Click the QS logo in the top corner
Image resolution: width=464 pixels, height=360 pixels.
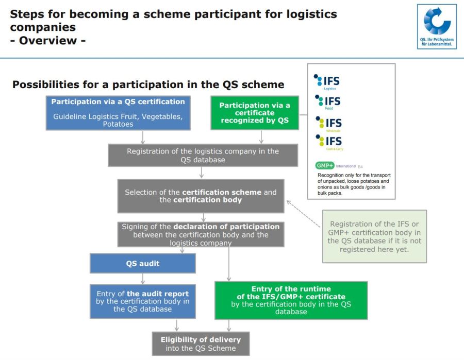pos(437,26)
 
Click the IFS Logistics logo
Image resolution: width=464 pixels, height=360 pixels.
pos(327,82)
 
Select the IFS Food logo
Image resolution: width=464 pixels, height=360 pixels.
pos(327,101)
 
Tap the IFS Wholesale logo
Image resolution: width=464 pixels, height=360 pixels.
pos(327,124)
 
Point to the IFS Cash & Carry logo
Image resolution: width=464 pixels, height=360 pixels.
pos(328,142)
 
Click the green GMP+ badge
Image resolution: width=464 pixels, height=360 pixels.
pos(325,166)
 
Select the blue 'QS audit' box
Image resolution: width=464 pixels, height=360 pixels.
pos(143,264)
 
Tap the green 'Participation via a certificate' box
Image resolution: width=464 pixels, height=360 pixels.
pos(255,113)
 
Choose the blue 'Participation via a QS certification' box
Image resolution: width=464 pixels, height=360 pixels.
pos(118,112)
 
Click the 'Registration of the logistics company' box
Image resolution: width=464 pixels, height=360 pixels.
pos(203,156)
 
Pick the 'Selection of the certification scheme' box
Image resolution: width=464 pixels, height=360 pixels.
pos(201,196)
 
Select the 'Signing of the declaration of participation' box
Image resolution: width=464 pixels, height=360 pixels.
pos(201,234)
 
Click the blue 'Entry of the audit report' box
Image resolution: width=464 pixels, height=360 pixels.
pos(143,302)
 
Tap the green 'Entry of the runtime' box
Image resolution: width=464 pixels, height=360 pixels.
pos(291,300)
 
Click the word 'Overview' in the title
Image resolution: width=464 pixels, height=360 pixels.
pos(52,40)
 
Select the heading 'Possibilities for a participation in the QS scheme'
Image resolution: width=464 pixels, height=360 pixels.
pos(148,85)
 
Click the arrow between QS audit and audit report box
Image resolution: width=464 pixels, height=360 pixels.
pos(143,279)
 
